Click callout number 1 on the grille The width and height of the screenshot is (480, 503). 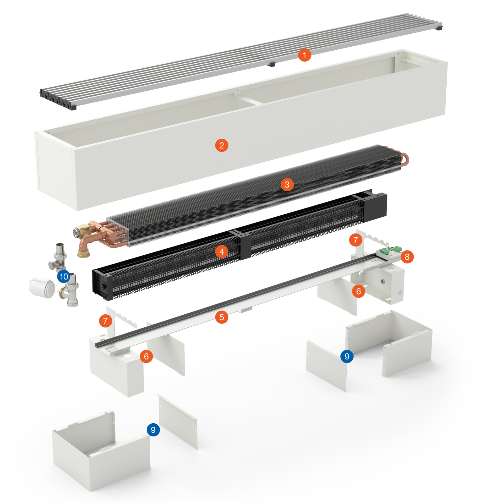point(304,55)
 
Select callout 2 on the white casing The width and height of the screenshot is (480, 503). point(221,145)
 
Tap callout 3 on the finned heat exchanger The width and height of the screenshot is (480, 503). point(287,184)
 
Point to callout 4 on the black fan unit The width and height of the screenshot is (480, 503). point(221,252)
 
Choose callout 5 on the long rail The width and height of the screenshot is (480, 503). point(221,317)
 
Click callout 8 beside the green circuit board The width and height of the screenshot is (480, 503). point(407,257)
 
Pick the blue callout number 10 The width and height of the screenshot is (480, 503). point(64,276)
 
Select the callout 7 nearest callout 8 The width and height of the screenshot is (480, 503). point(356,240)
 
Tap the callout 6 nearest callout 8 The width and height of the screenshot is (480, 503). point(358,291)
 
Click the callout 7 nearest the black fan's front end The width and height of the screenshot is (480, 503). point(105,321)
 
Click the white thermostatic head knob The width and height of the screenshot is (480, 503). point(41,287)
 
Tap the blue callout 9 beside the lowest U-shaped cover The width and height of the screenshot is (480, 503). point(153,430)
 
